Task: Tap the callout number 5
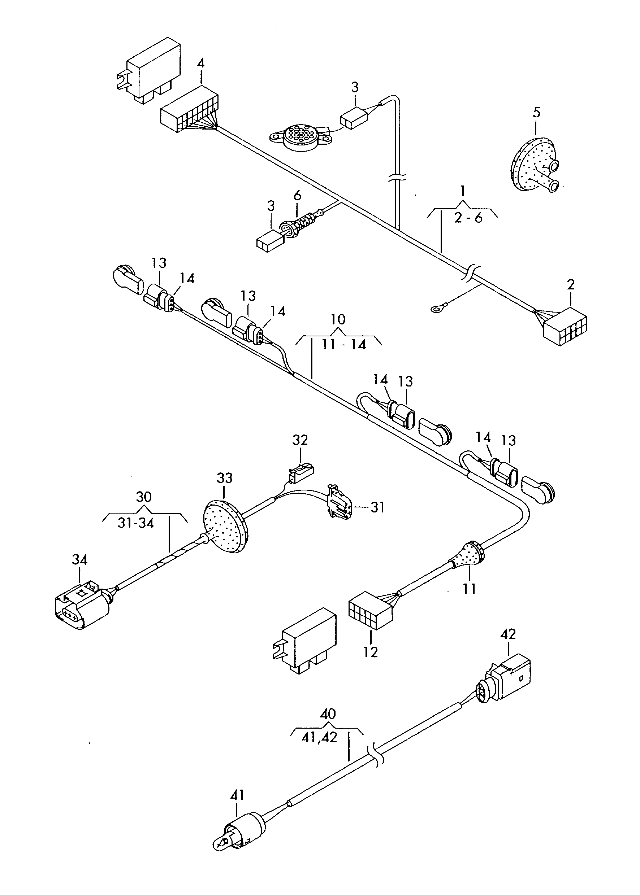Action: [536, 112]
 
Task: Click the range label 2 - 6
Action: [468, 217]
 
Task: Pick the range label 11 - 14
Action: [344, 345]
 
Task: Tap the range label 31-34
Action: [135, 523]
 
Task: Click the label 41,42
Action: [319, 737]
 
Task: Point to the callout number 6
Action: [297, 195]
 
